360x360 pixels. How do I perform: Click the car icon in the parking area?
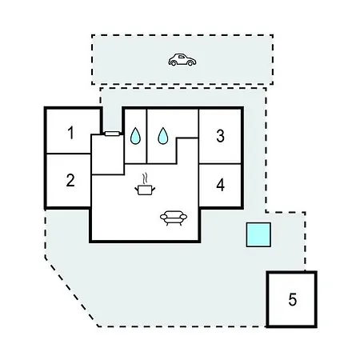[x=182, y=60]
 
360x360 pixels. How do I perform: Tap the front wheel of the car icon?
[x=190, y=63]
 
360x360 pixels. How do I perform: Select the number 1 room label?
[x=70, y=133]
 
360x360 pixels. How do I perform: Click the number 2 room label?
[x=70, y=180]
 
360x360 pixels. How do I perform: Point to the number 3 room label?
[x=220, y=136]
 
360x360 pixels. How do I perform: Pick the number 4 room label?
[x=220, y=185]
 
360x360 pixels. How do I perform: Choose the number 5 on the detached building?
[x=293, y=299]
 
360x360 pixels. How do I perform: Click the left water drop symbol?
[x=135, y=136]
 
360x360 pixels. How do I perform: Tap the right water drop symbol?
[x=163, y=136]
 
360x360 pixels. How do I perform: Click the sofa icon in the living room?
[x=174, y=218]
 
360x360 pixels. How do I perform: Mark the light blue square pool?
[x=258, y=234]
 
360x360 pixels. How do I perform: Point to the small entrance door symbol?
[x=112, y=134]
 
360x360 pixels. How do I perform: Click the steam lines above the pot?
[x=145, y=178]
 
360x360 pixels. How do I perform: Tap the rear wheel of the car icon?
[x=174, y=63]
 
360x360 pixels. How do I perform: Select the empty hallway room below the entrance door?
[x=108, y=154]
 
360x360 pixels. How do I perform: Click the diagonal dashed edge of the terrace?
[x=71, y=292]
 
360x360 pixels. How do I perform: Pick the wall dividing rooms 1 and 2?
[x=69, y=154]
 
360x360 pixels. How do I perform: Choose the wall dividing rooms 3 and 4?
[x=220, y=164]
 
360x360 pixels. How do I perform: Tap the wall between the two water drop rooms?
[x=146, y=136]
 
